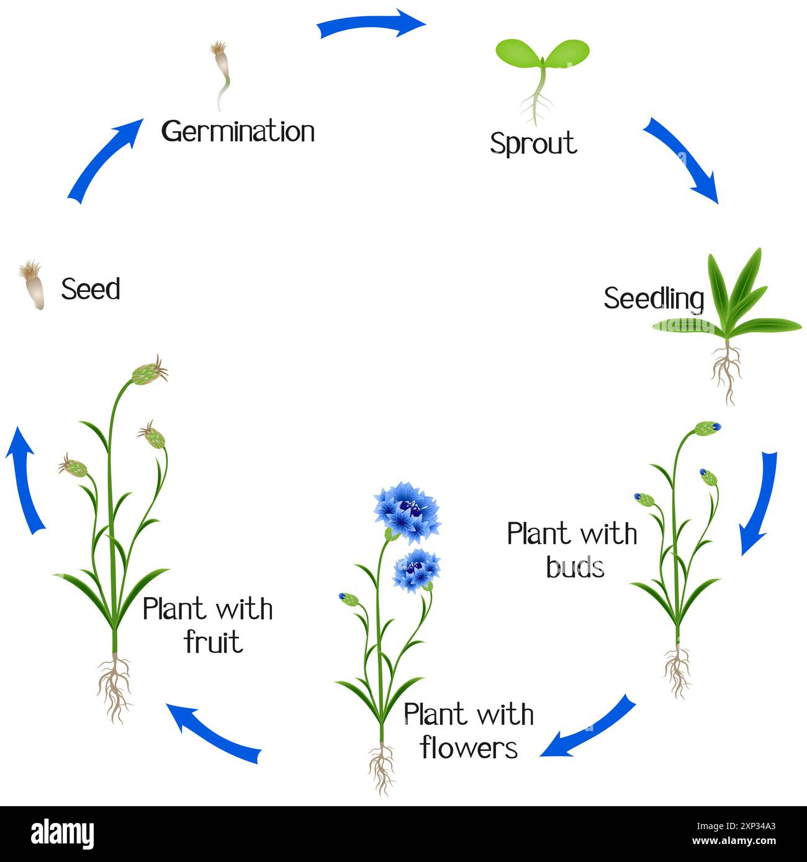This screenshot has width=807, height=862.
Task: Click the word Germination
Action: (x=238, y=131)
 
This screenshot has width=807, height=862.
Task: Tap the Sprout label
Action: (x=533, y=143)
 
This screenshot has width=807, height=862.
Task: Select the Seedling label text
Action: (x=654, y=298)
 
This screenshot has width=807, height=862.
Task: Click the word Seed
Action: (x=91, y=289)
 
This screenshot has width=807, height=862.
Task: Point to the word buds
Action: (x=575, y=566)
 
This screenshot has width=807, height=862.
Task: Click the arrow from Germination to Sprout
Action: (x=371, y=25)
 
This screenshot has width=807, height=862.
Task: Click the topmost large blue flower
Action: (x=407, y=509)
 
